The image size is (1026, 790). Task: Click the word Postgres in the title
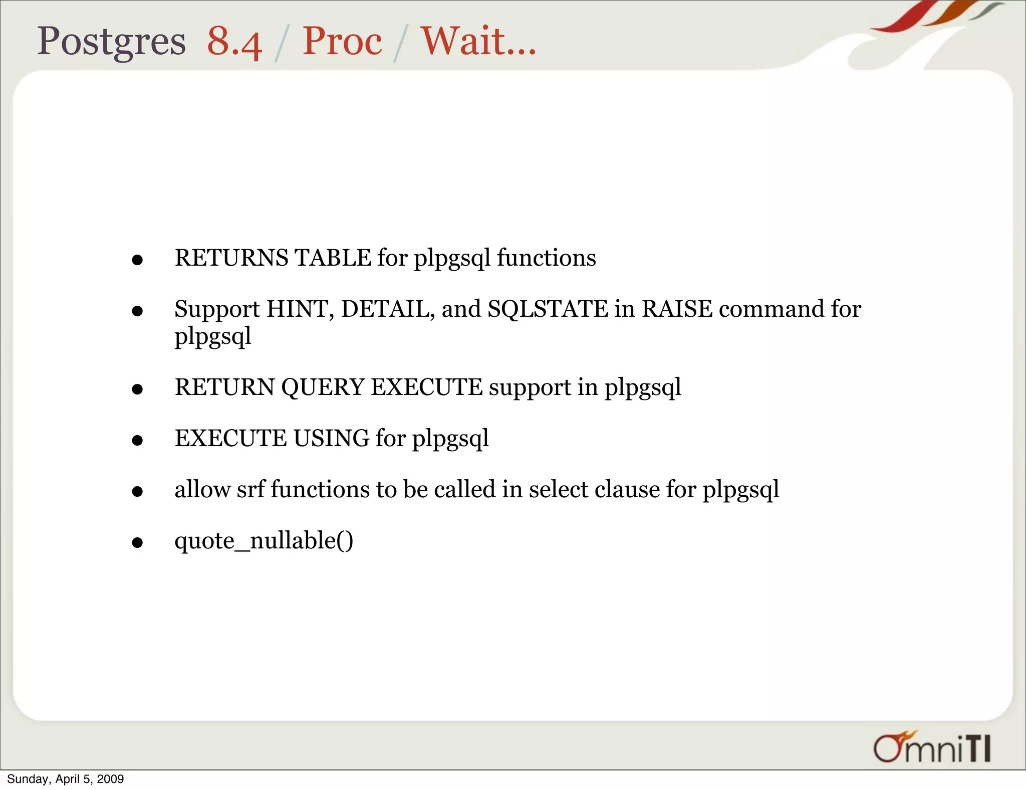[x=111, y=42]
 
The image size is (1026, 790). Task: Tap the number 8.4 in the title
[x=234, y=42]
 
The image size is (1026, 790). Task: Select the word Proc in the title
[x=342, y=42]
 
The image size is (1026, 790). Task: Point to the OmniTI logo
[x=932, y=748]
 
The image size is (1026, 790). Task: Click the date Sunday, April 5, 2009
[x=65, y=779]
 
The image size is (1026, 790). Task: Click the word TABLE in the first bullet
[x=333, y=258]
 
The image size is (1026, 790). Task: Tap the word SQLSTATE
[x=548, y=309]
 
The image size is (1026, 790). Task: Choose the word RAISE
[x=677, y=309]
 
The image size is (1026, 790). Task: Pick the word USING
[x=331, y=439]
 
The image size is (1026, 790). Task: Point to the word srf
[x=250, y=490]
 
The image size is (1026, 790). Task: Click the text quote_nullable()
[x=264, y=541]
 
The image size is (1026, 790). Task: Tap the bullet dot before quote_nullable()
[x=137, y=543]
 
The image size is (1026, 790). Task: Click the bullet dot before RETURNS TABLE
[x=137, y=260]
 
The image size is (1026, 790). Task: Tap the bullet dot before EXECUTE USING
[x=137, y=441]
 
